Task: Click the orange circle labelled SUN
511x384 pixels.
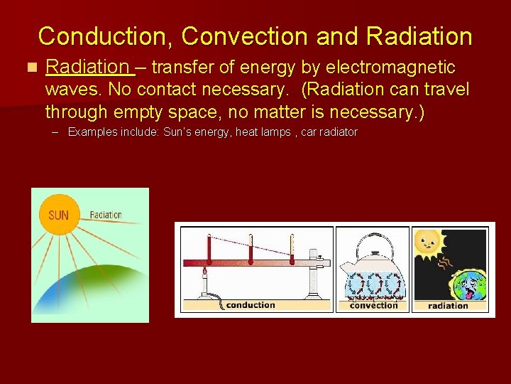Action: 59,214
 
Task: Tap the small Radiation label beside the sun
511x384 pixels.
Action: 106,214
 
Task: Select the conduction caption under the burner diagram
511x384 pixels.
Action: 250,305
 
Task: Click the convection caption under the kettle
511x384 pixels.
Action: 373,305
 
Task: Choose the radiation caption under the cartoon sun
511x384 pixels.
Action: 448,306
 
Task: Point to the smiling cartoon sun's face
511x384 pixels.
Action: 428,244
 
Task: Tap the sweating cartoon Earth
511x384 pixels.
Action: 469,284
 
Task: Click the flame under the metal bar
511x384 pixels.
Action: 206,271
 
